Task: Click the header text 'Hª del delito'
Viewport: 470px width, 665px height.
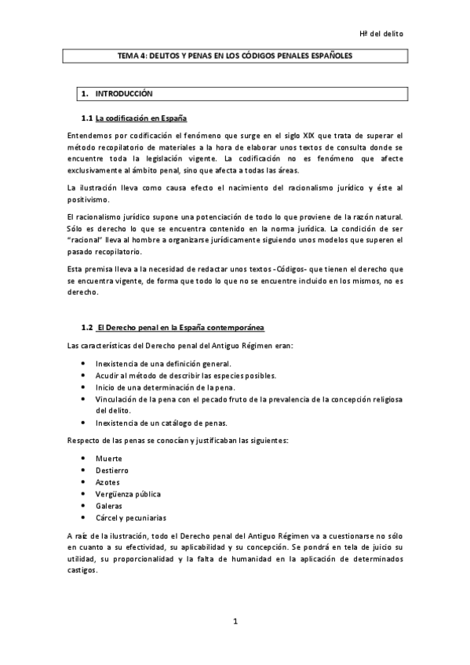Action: pos(383,34)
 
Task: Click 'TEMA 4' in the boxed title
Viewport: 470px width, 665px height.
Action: pos(130,56)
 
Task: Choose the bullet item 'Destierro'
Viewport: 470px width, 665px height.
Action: pos(112,470)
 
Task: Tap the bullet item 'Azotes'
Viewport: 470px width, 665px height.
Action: pos(108,482)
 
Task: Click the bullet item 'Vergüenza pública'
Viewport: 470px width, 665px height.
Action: pos(128,494)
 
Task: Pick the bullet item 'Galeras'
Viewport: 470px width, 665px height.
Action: pos(109,506)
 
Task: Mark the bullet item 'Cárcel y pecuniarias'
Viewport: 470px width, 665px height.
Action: pos(132,518)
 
